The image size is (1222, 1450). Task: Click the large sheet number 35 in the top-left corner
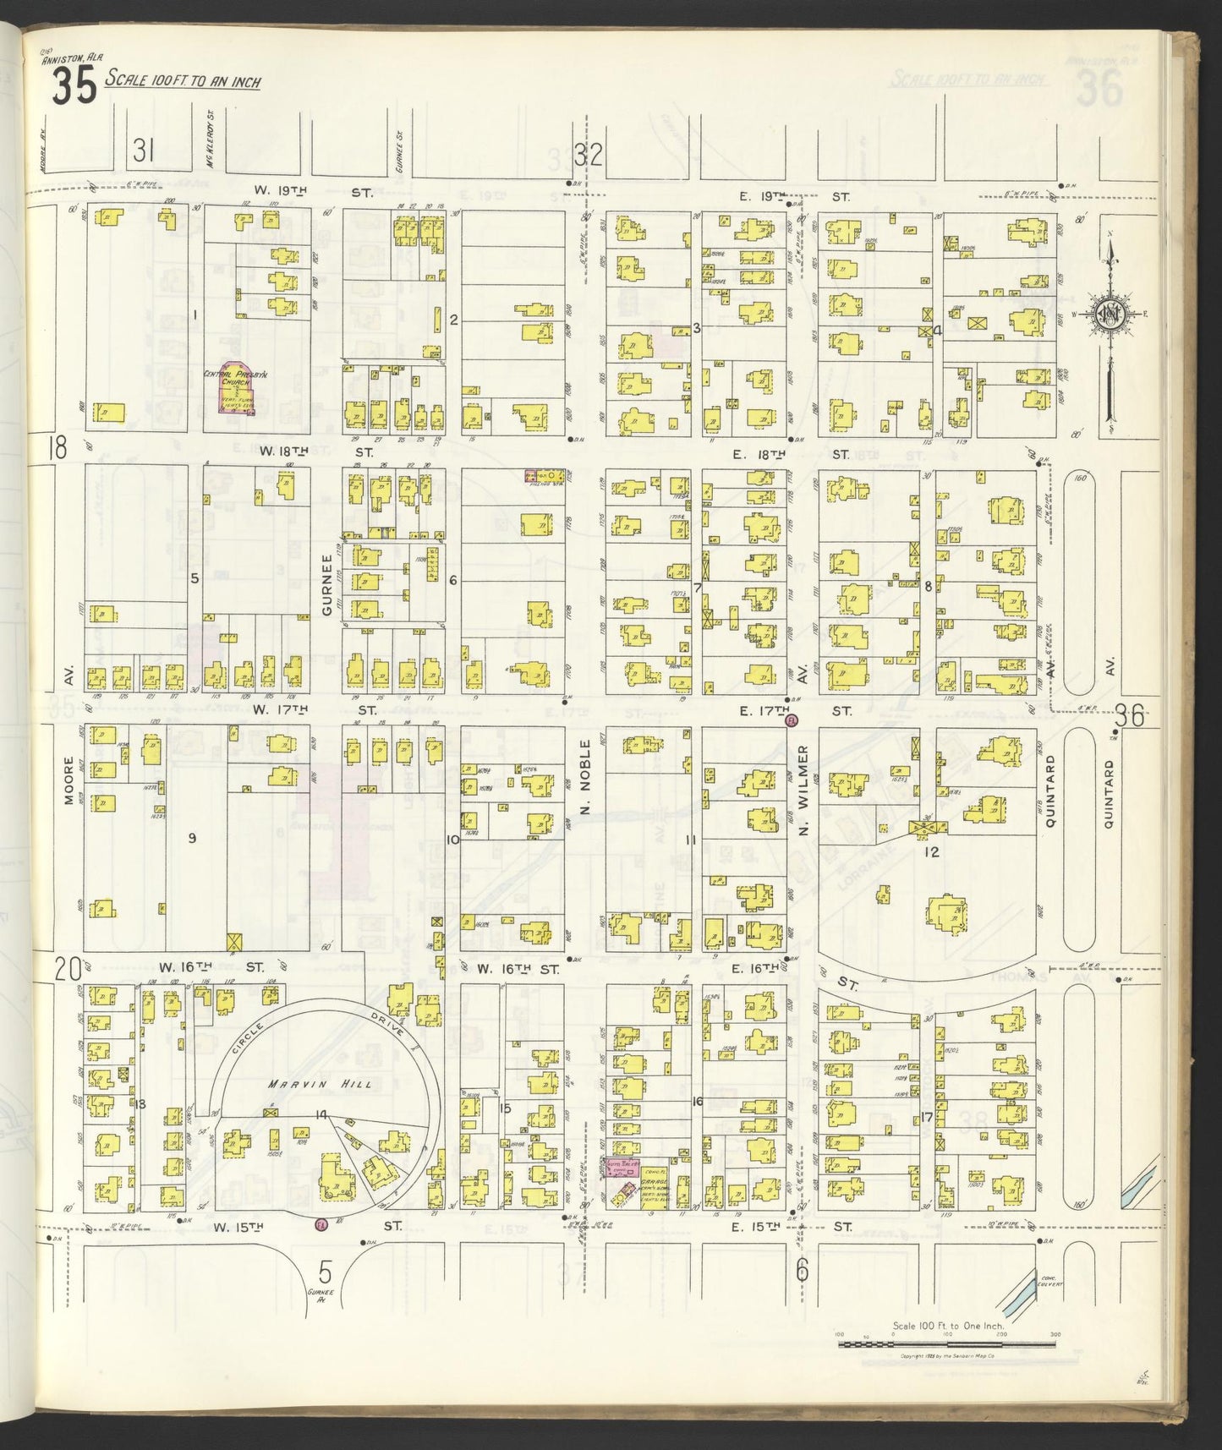(x=74, y=86)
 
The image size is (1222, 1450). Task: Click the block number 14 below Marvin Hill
(x=321, y=1115)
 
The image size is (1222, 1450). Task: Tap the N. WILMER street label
(x=804, y=790)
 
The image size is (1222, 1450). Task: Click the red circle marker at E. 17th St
(x=792, y=720)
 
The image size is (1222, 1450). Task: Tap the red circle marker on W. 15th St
(x=321, y=1224)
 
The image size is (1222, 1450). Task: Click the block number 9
(x=192, y=838)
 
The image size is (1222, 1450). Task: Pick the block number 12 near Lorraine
(x=931, y=851)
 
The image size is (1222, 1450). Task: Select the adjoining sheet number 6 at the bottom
(x=802, y=1270)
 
